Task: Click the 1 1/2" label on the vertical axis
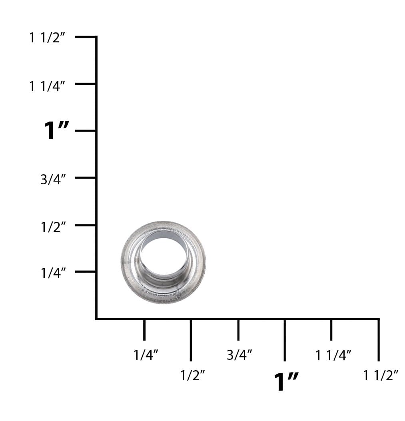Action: tap(47, 38)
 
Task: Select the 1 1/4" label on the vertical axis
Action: tap(47, 86)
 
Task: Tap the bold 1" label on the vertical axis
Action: tap(56, 131)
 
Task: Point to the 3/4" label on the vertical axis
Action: tap(53, 180)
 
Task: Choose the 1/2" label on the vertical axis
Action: tap(53, 227)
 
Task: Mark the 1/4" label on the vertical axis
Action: tap(53, 273)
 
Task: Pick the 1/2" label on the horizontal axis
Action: tap(193, 375)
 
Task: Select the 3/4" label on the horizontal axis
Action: tap(239, 354)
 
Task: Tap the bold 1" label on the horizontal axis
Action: tap(286, 381)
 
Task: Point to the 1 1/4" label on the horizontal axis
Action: tap(333, 354)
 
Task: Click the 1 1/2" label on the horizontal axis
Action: tap(381, 375)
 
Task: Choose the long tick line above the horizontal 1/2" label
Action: tap(191, 340)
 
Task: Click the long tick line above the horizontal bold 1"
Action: tap(285, 340)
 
